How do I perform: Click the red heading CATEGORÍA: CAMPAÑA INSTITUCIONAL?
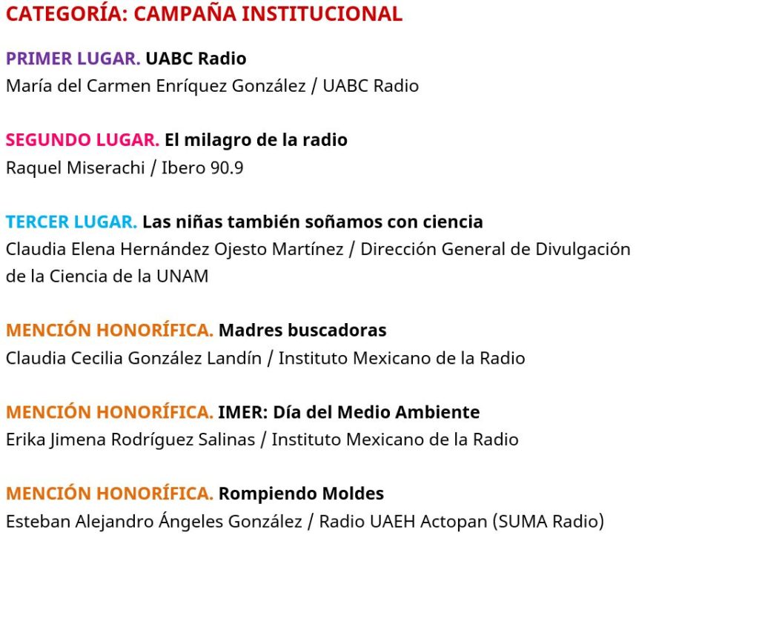[x=204, y=14]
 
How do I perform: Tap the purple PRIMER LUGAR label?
[x=73, y=59]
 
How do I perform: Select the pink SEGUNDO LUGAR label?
[x=82, y=140]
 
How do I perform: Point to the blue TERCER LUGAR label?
[x=71, y=222]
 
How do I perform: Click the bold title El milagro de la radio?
[x=256, y=140]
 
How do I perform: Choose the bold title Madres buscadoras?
[x=302, y=330]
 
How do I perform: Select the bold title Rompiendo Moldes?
[x=301, y=494]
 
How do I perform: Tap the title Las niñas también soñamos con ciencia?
[x=312, y=222]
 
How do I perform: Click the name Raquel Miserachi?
[x=75, y=168]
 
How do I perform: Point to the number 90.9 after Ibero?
[x=227, y=168]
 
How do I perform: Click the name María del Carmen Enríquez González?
[x=156, y=86]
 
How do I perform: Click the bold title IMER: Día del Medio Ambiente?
[x=348, y=412]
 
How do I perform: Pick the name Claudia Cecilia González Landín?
[x=133, y=358]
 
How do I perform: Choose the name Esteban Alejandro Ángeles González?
[x=153, y=522]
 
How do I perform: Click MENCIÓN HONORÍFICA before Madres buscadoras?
[x=110, y=330]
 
